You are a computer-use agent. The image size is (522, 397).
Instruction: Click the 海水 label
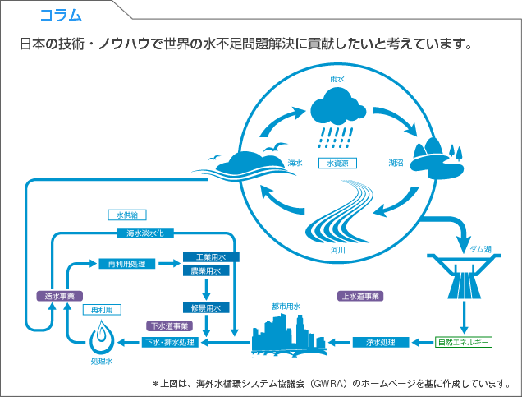(295, 163)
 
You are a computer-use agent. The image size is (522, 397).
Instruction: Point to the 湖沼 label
(396, 163)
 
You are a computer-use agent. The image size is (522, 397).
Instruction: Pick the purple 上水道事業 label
(361, 295)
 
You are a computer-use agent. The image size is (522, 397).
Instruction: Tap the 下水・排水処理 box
(170, 341)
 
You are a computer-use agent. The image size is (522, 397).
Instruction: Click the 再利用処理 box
(126, 264)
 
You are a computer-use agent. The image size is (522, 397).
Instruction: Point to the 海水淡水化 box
(145, 233)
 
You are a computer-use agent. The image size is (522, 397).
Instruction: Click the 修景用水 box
(207, 307)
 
